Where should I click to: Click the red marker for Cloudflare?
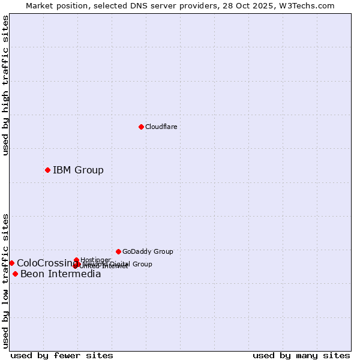(141, 127)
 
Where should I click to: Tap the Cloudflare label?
(161, 127)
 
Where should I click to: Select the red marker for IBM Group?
(47, 170)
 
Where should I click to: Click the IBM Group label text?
(78, 170)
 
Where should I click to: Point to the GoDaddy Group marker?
(118, 251)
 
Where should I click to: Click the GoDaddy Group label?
(148, 251)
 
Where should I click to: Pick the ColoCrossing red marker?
(11, 263)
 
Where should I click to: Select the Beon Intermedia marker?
(15, 274)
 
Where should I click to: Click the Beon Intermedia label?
(61, 274)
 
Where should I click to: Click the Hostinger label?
(95, 259)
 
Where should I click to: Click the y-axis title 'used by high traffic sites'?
(5, 85)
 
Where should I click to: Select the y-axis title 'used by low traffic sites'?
(5, 281)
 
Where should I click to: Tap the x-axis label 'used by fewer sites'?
(62, 355)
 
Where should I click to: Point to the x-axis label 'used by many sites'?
(301, 355)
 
